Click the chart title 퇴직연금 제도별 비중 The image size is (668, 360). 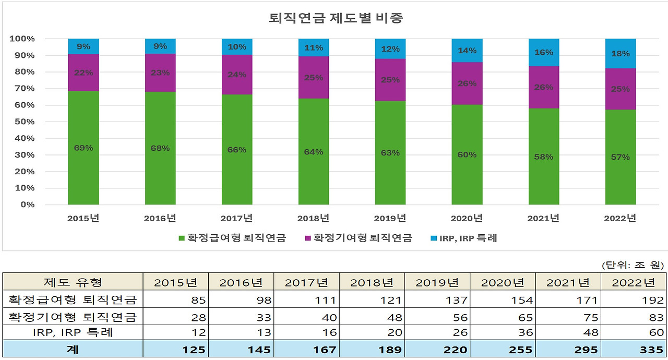point(336,18)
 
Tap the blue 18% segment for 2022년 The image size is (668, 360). point(620,54)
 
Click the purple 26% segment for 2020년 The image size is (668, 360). point(467,83)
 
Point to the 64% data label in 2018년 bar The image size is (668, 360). point(314,152)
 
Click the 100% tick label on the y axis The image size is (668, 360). point(22,39)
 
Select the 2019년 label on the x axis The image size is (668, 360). point(390,219)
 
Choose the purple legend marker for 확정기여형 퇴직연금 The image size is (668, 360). point(308,238)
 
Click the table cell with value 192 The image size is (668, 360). point(634,300)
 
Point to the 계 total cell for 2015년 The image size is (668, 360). point(175,349)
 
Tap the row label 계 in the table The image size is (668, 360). point(73,349)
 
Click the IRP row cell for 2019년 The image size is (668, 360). point(437,333)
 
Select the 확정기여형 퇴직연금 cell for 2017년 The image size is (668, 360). point(306,317)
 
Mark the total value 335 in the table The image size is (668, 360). point(634,349)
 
